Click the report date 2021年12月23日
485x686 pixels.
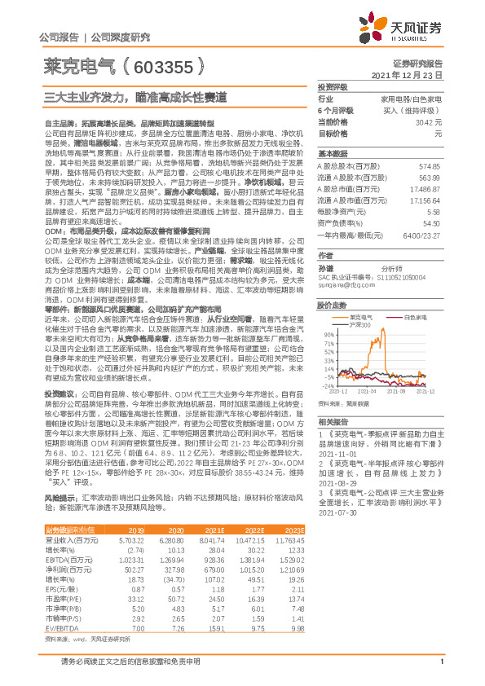[407, 74]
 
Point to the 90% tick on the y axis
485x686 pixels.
[328, 333]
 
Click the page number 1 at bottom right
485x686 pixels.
[440, 672]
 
